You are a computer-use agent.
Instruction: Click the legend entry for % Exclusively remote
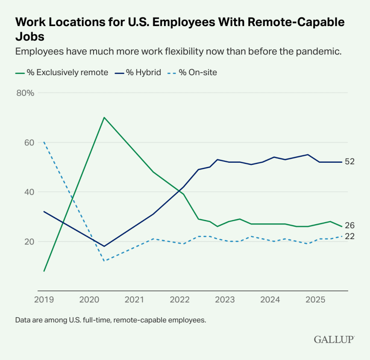pos(62,72)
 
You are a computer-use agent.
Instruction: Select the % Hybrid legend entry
pos(138,72)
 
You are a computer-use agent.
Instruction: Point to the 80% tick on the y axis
pos(25,93)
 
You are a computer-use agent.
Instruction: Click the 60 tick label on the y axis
pos(28,143)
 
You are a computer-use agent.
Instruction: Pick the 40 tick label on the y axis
pos(28,192)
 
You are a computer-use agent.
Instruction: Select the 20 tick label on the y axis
pos(28,242)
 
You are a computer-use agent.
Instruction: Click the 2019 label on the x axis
pos(44,299)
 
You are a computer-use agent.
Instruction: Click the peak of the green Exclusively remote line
pos(104,117)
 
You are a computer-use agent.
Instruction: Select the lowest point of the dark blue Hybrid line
pos(104,246)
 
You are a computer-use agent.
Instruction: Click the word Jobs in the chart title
pos(29,36)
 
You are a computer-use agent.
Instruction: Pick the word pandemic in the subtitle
pos(320,52)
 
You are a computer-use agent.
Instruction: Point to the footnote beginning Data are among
pos(110,319)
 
